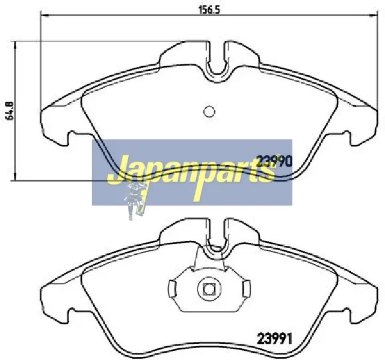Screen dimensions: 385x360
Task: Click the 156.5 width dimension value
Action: pyautogui.click(x=209, y=10)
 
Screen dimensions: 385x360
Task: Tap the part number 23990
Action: pyautogui.click(x=274, y=161)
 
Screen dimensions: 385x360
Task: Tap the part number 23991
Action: pyautogui.click(x=274, y=339)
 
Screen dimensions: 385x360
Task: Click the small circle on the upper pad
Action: pyautogui.click(x=209, y=112)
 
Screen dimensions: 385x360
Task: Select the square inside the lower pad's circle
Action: pyautogui.click(x=209, y=288)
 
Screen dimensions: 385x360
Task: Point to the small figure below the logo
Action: pyautogui.click(x=135, y=200)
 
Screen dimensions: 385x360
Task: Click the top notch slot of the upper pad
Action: pyautogui.click(x=217, y=59)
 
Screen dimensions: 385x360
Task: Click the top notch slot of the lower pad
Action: pyautogui.click(x=217, y=236)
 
